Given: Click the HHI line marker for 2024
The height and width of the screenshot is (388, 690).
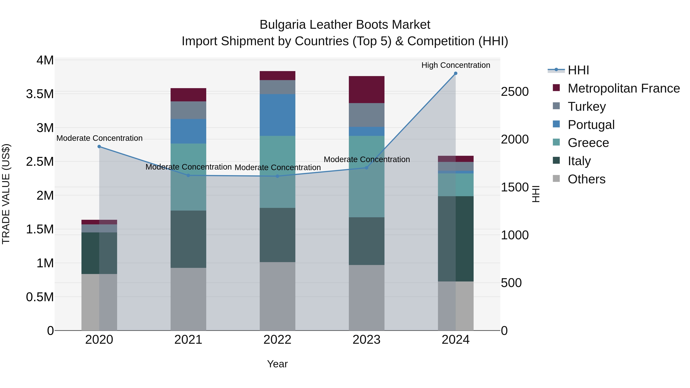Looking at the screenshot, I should [455, 73].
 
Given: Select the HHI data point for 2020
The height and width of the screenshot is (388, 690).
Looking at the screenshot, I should [99, 146].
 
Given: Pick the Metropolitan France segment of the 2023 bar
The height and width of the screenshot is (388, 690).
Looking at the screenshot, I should [366, 89].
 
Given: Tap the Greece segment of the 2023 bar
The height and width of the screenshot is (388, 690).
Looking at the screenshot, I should [366, 176].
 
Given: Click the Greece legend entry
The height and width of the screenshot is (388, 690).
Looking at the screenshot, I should [588, 143].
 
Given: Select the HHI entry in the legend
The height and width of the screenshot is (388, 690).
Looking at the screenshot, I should [578, 70].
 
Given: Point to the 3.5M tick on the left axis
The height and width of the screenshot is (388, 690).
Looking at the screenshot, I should [40, 94].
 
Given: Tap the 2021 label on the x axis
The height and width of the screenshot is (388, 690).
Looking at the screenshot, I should [188, 340].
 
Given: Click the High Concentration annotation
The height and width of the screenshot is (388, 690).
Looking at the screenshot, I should [456, 65].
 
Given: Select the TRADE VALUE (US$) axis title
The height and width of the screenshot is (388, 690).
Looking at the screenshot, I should [6, 194].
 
